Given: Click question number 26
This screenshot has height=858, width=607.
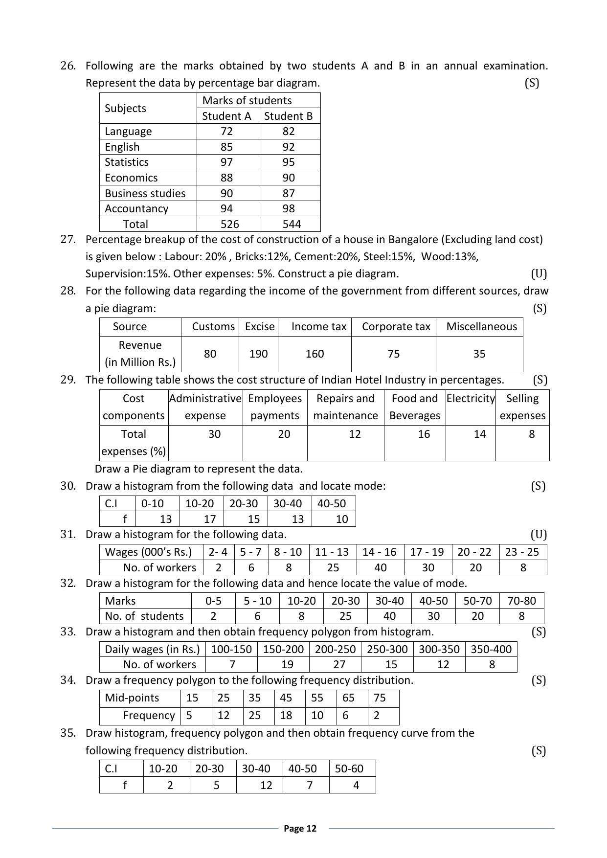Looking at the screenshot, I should click(68, 66).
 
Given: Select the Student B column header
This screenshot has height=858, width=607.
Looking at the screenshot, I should click(288, 116).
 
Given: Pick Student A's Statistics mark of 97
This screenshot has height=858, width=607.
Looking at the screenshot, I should click(226, 162).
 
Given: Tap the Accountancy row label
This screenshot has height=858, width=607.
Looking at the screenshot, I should click(136, 208).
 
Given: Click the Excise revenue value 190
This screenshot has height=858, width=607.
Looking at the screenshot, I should click(258, 354).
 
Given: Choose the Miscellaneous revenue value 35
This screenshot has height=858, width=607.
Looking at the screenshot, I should click(479, 354).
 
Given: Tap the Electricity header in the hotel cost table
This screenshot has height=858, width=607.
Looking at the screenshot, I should click(471, 398).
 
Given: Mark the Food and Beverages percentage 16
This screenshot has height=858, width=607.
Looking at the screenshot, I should click(424, 434).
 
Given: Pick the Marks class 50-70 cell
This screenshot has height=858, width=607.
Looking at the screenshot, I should click(477, 601).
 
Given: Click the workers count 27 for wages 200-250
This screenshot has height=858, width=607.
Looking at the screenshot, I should click(339, 664).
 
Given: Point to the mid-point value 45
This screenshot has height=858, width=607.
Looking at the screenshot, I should click(286, 698).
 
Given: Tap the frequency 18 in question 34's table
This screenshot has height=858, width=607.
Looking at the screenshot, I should click(286, 715).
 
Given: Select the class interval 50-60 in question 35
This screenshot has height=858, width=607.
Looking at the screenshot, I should click(349, 768).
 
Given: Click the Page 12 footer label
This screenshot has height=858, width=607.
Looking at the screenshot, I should click(300, 828).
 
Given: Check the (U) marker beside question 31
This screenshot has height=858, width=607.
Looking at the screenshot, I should click(538, 534).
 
